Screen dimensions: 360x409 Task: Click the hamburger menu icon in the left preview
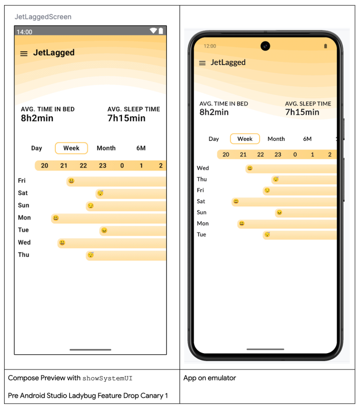(24, 54)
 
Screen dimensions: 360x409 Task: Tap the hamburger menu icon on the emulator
(202, 63)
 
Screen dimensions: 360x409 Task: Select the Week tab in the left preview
(71, 148)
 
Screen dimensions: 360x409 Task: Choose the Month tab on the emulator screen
(276, 139)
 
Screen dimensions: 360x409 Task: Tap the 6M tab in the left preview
(141, 148)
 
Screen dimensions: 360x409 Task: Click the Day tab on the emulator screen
(214, 139)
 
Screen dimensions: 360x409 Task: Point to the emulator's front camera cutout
(265, 46)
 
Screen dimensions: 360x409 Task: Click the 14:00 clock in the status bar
(25, 32)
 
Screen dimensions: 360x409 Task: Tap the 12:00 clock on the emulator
(210, 46)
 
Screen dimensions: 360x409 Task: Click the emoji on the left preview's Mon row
(56, 218)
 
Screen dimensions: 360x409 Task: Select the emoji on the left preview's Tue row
(104, 230)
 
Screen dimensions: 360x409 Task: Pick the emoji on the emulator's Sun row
(279, 212)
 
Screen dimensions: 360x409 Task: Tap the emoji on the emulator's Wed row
(250, 168)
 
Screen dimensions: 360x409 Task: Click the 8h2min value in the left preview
(37, 118)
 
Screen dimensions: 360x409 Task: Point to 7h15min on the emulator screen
(302, 112)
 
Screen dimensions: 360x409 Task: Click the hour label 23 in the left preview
(102, 166)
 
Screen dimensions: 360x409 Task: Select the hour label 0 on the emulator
(295, 155)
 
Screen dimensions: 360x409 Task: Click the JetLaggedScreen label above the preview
(43, 17)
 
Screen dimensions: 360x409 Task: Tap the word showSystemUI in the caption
(108, 378)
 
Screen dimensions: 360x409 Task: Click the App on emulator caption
(209, 378)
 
